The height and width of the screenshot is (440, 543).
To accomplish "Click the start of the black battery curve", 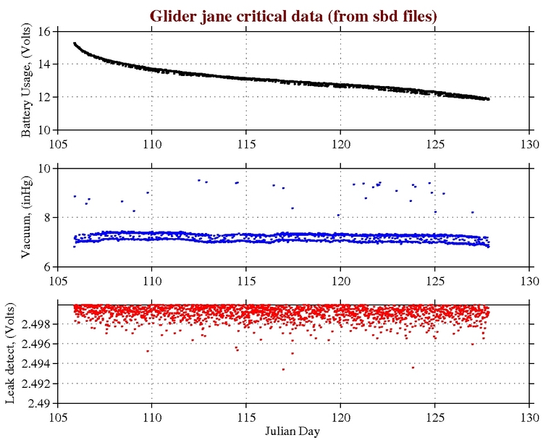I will pos(75,43).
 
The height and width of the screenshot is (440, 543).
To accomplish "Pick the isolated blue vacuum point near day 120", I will pos(338,215).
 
